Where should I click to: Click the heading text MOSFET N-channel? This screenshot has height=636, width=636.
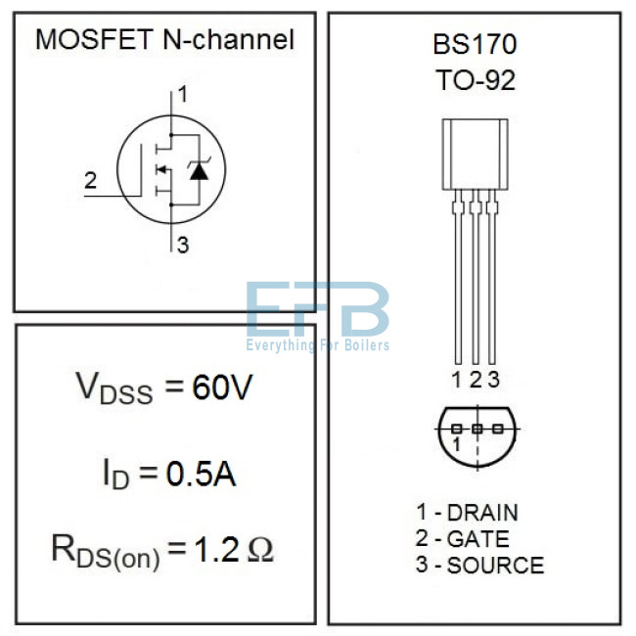(164, 40)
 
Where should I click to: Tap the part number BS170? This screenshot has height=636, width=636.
(475, 44)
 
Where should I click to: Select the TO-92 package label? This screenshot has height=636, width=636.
(476, 80)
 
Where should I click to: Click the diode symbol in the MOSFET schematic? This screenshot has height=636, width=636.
(199, 170)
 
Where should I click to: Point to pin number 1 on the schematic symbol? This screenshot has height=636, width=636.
(183, 94)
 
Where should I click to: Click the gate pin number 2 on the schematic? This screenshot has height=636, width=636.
(90, 180)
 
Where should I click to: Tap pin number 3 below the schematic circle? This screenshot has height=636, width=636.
(183, 245)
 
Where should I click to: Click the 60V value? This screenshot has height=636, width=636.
(222, 387)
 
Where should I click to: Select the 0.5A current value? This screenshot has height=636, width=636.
(201, 474)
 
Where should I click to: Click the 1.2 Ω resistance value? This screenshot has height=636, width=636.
(234, 549)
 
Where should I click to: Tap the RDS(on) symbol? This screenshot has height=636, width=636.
(106, 553)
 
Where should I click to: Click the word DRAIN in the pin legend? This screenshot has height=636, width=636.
(482, 513)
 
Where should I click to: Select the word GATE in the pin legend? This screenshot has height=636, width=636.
(477, 539)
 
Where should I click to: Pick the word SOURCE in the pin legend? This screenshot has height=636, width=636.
(495, 565)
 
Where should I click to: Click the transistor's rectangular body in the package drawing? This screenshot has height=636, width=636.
(475, 155)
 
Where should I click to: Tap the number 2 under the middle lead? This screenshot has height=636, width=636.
(476, 380)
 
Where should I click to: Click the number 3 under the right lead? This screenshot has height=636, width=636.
(493, 380)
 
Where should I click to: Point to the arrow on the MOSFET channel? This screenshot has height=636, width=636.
(161, 169)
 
